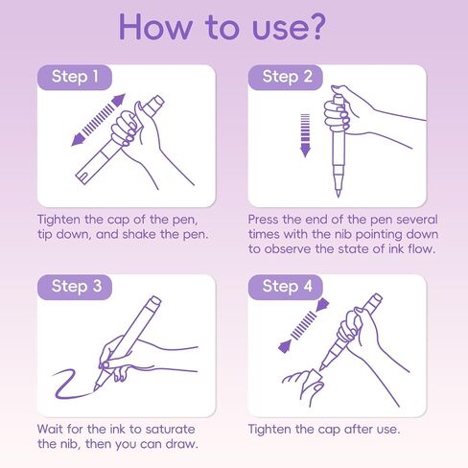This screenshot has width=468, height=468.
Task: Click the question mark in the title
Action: [314, 27]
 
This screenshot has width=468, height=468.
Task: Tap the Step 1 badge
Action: [75, 78]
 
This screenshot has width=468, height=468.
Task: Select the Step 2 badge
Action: [285, 78]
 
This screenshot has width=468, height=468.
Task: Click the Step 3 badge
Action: [75, 287]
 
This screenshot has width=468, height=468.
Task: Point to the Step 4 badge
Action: [285, 287]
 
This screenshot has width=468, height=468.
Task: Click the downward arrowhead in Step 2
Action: [305, 150]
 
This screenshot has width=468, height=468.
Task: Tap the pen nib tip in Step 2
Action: [338, 195]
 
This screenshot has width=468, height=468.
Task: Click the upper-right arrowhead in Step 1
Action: [119, 100]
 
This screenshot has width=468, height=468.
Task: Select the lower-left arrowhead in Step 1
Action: [78, 139]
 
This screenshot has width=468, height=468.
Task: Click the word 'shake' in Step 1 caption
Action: [139, 234]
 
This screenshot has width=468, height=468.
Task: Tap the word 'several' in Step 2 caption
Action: [417, 220]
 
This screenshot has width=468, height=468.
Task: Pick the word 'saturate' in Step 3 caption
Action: [170, 430]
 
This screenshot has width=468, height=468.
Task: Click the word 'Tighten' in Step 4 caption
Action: [270, 430]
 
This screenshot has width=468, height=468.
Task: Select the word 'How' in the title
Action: [155, 27]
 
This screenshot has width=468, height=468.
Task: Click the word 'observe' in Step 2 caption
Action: [288, 249]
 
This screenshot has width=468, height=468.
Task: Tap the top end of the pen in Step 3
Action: [155, 300]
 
